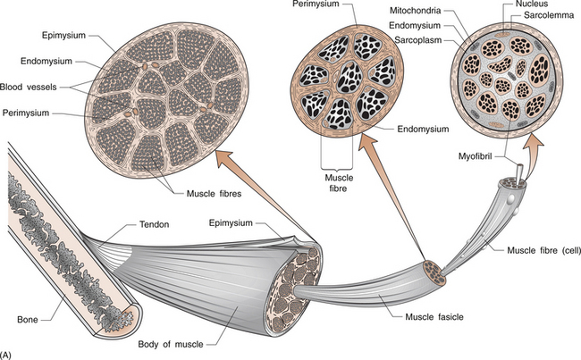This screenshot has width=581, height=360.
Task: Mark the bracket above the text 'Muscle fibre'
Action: click(335, 162)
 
